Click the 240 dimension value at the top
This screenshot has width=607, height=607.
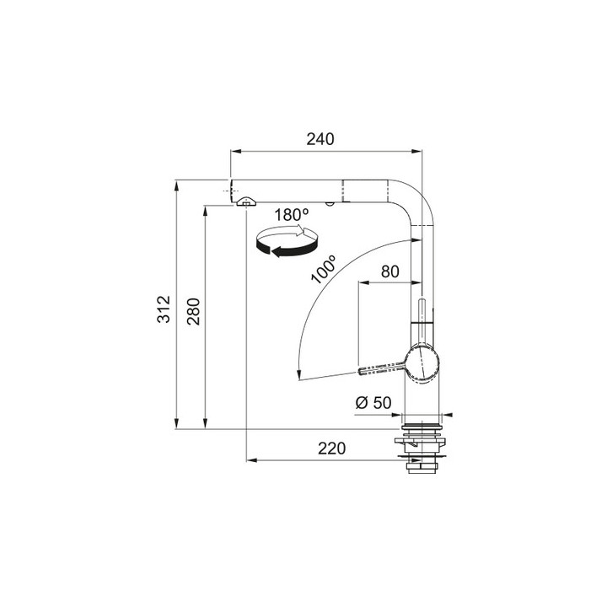pos(321,139)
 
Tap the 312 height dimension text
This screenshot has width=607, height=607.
pos(165,309)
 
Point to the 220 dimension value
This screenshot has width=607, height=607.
pos(332,449)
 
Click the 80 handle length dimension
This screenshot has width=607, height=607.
pos(389,271)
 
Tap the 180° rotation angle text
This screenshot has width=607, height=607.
pos(292,215)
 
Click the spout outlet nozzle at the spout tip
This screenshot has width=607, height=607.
pos(245,201)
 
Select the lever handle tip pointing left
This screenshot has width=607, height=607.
pos(364,370)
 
